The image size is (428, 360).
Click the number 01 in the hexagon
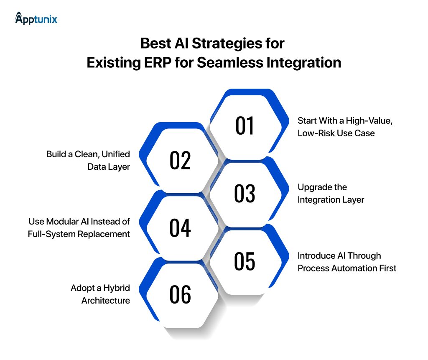(245, 126)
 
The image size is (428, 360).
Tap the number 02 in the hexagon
(180, 160)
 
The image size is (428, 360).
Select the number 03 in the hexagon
(245, 194)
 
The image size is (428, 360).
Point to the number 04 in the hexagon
(180, 228)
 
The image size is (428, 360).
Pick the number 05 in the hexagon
(245, 261)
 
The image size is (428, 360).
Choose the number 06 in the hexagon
(180, 295)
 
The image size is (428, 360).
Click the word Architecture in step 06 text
(106, 301)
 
